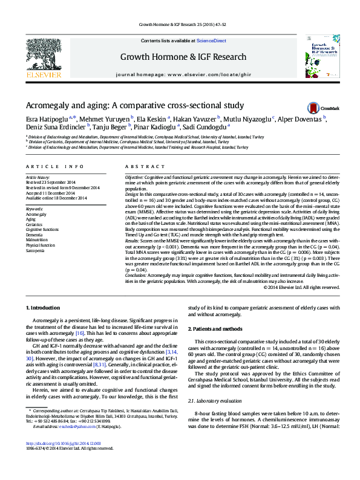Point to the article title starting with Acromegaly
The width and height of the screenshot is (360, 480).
pyautogui.click(x=135, y=105)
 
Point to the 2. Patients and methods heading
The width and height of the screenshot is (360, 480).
pyautogui.click(x=218, y=328)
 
